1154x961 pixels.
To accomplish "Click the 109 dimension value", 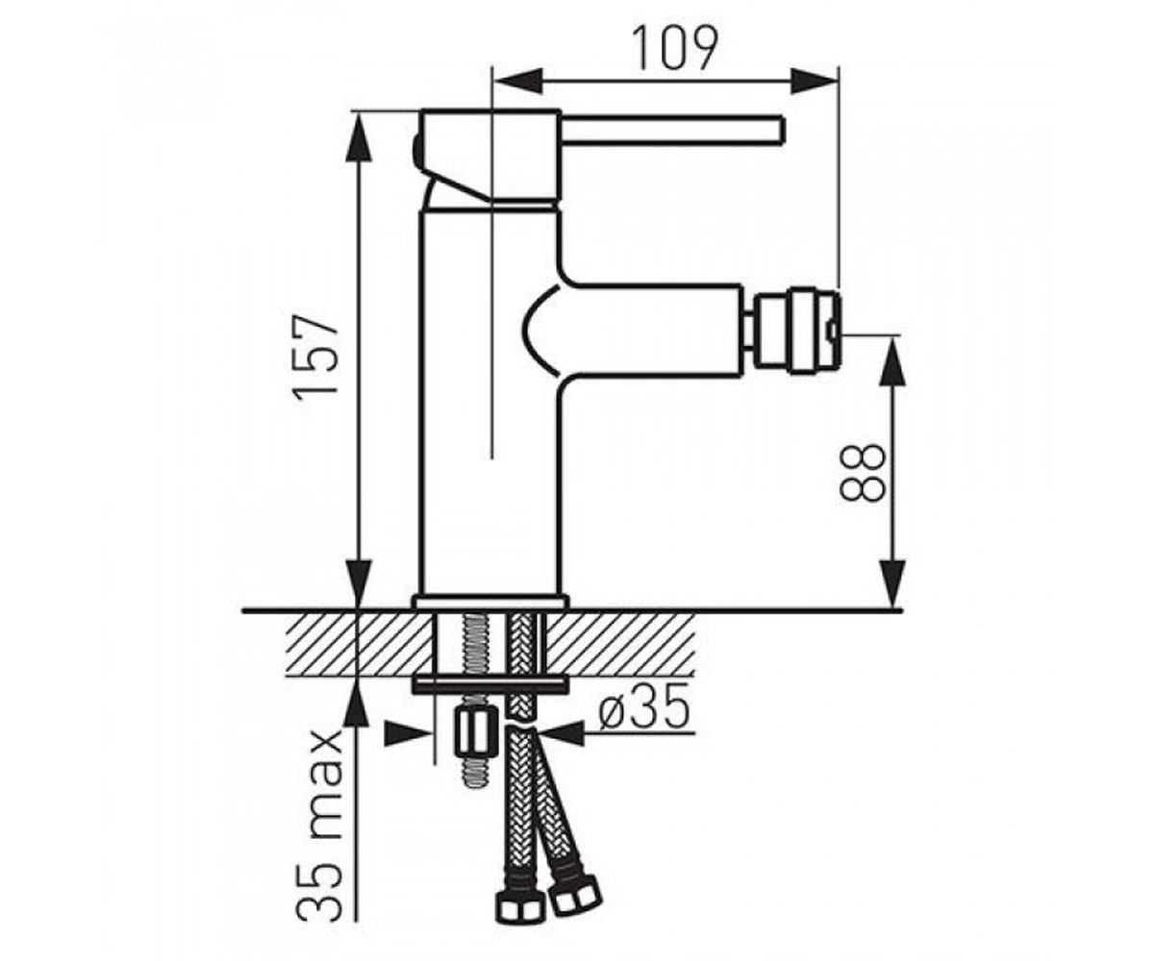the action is [675, 48].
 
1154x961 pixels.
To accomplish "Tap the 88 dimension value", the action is [862, 472].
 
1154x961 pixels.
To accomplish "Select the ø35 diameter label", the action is [644, 707].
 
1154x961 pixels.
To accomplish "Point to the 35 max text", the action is [320, 826].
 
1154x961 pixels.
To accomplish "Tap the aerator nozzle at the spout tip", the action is [796, 332].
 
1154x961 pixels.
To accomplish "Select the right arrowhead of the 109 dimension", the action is [815, 81].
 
